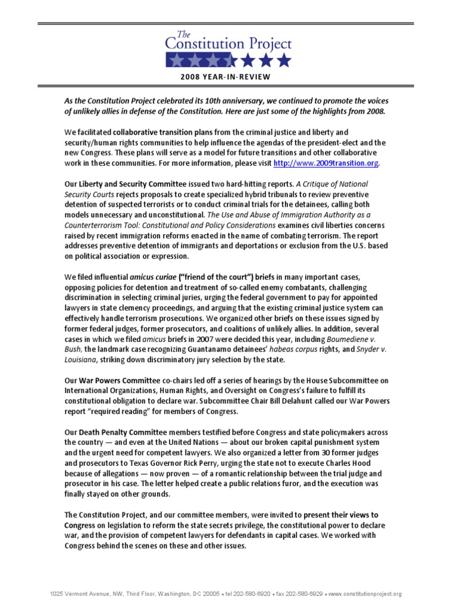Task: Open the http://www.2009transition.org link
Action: pos(325,163)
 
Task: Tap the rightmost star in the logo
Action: pos(284,60)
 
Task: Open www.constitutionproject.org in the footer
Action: pos(365,594)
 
